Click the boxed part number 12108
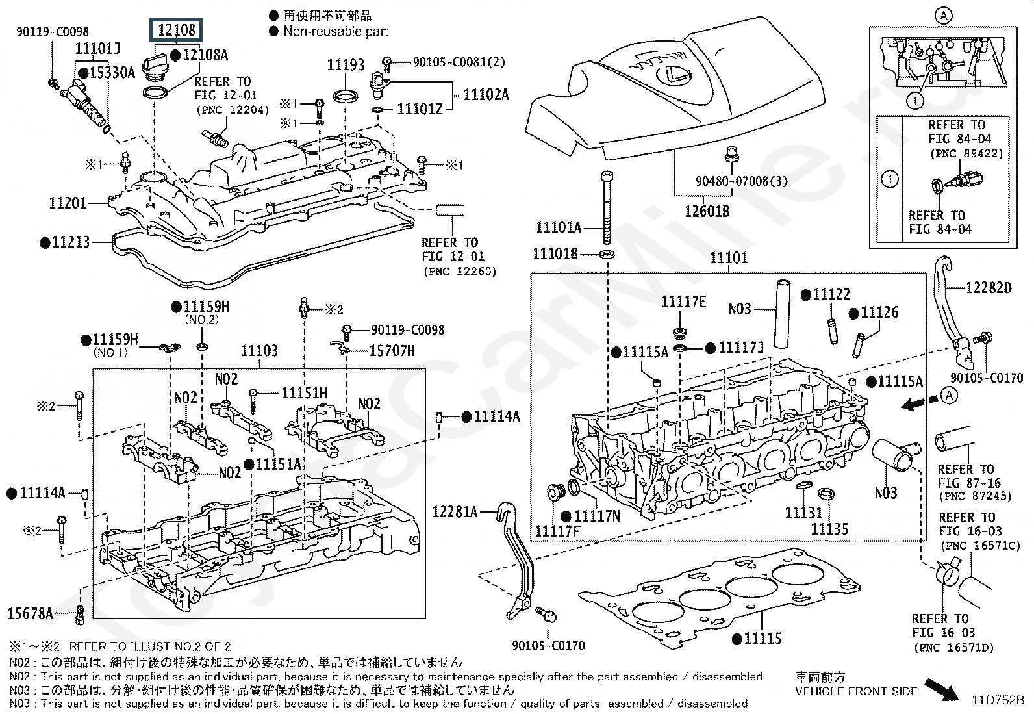(x=176, y=31)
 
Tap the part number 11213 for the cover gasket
(x=71, y=242)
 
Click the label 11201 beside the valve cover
(x=68, y=203)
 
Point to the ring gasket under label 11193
(x=346, y=97)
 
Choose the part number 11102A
(x=486, y=95)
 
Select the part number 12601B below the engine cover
(x=707, y=212)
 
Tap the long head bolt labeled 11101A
(x=607, y=207)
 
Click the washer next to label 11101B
(x=607, y=253)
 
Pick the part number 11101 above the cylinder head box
(x=729, y=258)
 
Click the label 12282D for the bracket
(x=989, y=288)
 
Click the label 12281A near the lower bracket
(x=455, y=512)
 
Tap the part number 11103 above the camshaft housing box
(x=259, y=351)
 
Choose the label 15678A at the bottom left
(x=31, y=614)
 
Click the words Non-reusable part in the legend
(x=336, y=31)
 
